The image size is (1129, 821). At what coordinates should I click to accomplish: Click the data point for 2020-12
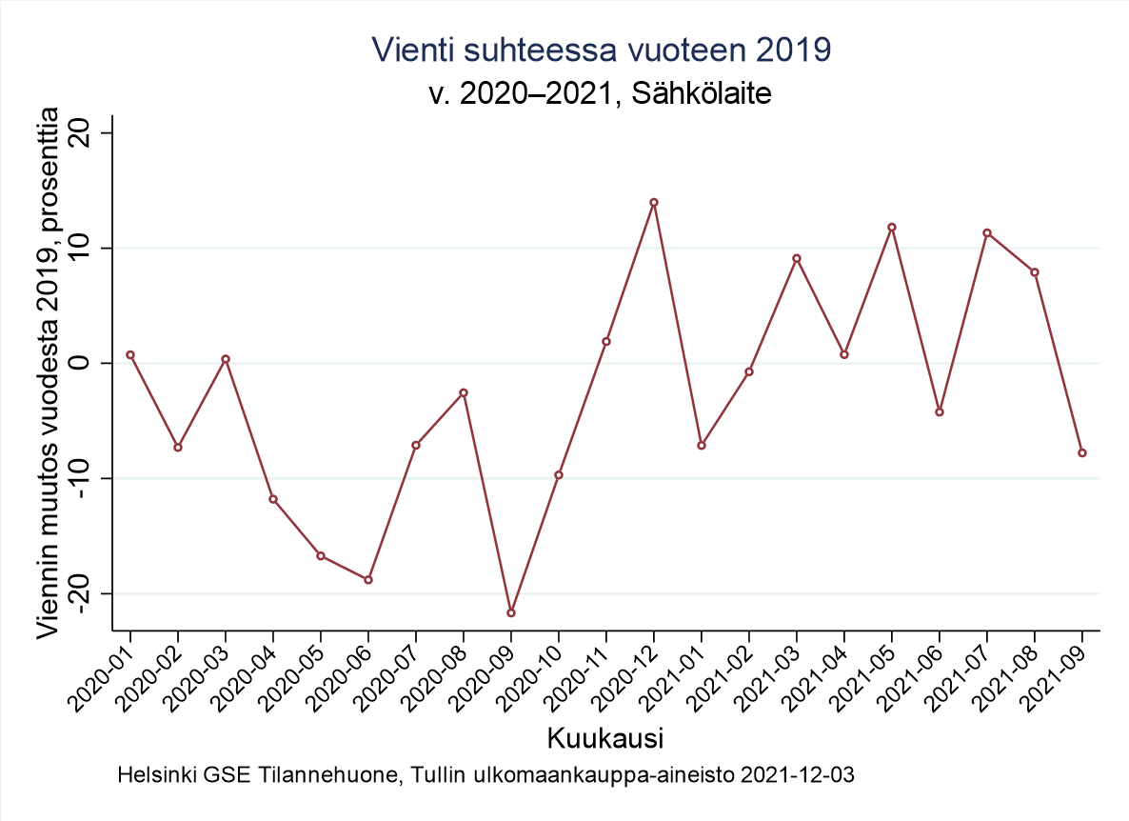click(654, 202)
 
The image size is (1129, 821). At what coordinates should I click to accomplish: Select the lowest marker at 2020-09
click(511, 612)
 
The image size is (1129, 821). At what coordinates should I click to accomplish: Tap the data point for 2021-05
click(892, 227)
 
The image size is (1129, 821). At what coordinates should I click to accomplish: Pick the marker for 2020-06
click(368, 579)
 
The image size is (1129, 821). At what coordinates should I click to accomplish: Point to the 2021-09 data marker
click(1082, 452)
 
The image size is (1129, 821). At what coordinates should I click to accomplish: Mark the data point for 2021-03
click(797, 258)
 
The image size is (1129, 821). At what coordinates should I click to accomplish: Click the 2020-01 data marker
click(130, 354)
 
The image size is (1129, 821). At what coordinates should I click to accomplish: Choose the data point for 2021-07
click(987, 232)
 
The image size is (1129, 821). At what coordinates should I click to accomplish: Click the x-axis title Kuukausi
click(605, 738)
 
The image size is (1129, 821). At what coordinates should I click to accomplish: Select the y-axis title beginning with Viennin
click(48, 372)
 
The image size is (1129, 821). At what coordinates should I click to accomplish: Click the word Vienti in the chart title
click(405, 50)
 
